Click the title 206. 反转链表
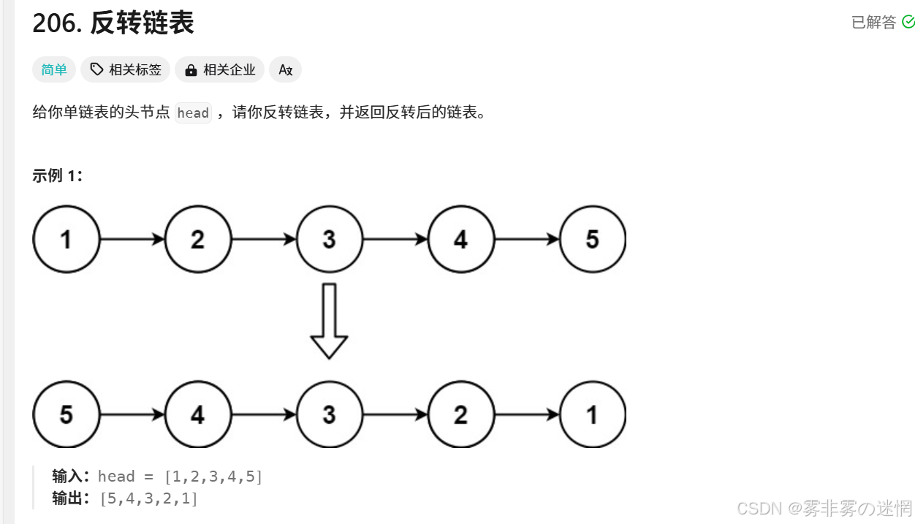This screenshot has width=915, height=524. tap(113, 23)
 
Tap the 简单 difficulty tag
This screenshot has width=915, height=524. tap(54, 70)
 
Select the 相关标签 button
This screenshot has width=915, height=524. tap(126, 70)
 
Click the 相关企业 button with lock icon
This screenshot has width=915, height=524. tap(220, 70)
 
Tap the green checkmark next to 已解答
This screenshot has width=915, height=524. tap(908, 22)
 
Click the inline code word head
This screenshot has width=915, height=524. tap(193, 113)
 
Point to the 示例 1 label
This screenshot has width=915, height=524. tap(58, 175)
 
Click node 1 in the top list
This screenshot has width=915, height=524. tap(66, 239)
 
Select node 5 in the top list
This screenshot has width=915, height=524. tap(593, 239)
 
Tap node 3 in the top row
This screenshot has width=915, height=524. tap(329, 239)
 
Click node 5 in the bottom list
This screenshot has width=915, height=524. tap(66, 414)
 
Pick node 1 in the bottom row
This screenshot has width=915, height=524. tap(593, 414)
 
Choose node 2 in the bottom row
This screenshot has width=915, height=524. tap(460, 414)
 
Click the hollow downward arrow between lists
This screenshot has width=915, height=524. tap(329, 322)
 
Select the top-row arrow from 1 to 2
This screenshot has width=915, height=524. tap(132, 239)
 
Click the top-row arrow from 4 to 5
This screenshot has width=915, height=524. tap(527, 239)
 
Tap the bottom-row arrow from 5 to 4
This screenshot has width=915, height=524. tap(132, 414)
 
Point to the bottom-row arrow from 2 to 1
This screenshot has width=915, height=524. tap(527, 414)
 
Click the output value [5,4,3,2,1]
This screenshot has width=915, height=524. tap(149, 499)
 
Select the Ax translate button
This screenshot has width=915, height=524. tap(286, 70)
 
